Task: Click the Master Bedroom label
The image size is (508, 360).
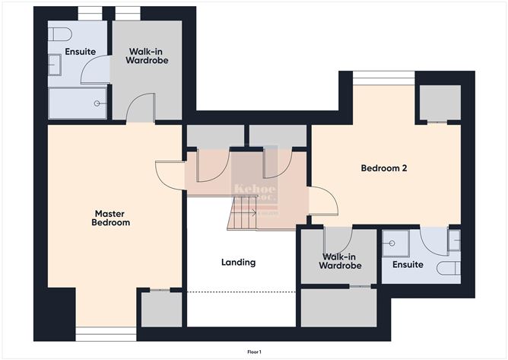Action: (x=111, y=218)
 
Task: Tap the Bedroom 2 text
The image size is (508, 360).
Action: (x=384, y=168)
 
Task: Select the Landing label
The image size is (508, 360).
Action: (x=238, y=263)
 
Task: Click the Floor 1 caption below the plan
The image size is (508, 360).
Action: (x=254, y=352)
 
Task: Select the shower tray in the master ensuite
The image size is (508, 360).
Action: (x=78, y=103)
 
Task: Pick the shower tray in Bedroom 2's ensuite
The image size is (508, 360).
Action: (x=400, y=244)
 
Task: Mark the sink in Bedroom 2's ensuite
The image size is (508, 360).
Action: (x=454, y=241)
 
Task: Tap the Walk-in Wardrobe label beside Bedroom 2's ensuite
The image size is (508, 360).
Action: (x=340, y=262)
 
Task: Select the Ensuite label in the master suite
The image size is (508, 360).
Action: (x=81, y=52)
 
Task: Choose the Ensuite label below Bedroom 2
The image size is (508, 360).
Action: (x=408, y=265)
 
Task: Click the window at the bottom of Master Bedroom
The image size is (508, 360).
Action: (x=106, y=333)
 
